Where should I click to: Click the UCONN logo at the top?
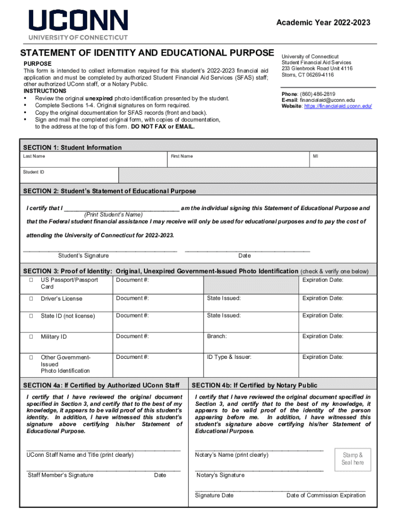point(78,24)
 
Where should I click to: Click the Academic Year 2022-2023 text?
point(323,22)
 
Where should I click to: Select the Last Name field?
point(94,160)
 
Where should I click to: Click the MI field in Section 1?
point(343,160)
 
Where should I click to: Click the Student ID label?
point(34,172)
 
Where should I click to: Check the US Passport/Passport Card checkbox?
point(31,280)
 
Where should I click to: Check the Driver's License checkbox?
point(31,299)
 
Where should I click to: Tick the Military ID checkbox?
point(31,337)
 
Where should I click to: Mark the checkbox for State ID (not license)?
point(31,316)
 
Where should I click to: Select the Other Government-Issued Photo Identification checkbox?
point(31,357)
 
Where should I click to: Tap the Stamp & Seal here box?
point(352,459)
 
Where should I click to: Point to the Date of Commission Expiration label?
point(326,495)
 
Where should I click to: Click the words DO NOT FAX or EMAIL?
point(163,126)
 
